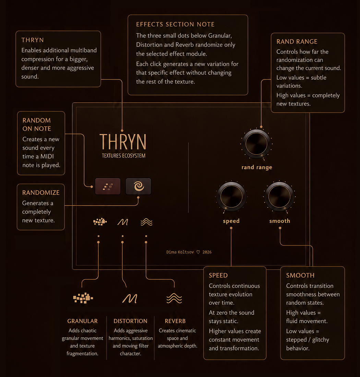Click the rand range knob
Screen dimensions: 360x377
(256, 144)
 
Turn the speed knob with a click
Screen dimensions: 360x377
(231, 196)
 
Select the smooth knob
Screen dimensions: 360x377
(279, 196)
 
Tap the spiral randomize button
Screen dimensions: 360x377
(139, 186)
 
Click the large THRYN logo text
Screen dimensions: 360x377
(123, 142)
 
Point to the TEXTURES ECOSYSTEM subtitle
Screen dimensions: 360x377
(124, 156)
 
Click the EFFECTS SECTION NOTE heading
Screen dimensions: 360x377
(175, 24)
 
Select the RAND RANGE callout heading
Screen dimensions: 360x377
(297, 41)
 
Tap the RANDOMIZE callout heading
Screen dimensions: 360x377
(41, 193)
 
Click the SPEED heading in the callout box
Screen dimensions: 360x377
(218, 275)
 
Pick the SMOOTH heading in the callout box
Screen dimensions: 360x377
(300, 275)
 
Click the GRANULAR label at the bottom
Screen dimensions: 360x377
(83, 321)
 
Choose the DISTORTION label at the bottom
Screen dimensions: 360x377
(130, 321)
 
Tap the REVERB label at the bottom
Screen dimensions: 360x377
(175, 321)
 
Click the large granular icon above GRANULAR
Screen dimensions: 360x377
(83, 298)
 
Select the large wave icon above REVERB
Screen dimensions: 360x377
(174, 299)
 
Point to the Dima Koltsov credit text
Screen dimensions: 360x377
(180, 252)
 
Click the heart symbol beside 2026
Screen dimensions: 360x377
(198, 252)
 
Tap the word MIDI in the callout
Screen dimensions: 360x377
(47, 157)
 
